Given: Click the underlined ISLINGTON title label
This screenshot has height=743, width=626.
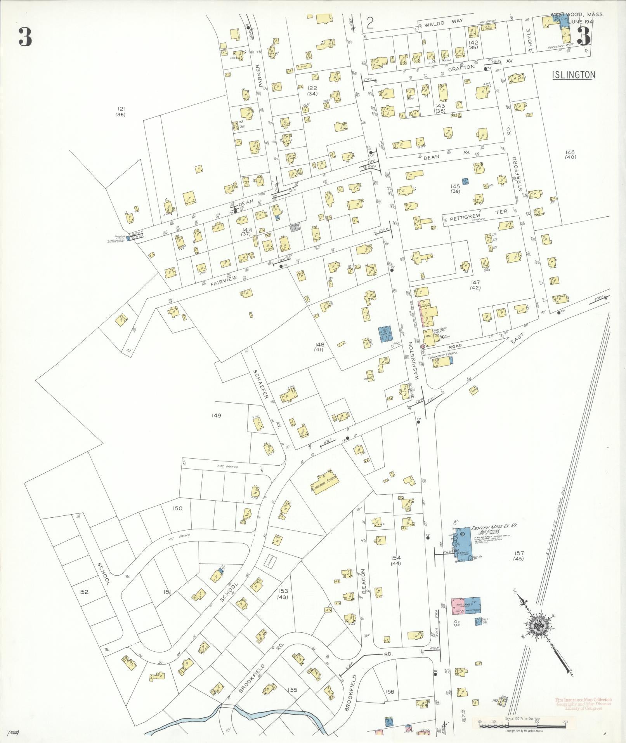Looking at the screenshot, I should click(x=574, y=75).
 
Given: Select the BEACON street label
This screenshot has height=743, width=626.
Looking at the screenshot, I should click(x=364, y=581).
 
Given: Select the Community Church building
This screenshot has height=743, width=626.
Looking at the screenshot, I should click(x=442, y=362).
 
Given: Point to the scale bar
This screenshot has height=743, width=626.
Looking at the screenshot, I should click(x=523, y=723).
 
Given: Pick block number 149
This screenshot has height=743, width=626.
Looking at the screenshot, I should click(x=217, y=416).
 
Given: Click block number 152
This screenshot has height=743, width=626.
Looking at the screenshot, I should click(x=83, y=603).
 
